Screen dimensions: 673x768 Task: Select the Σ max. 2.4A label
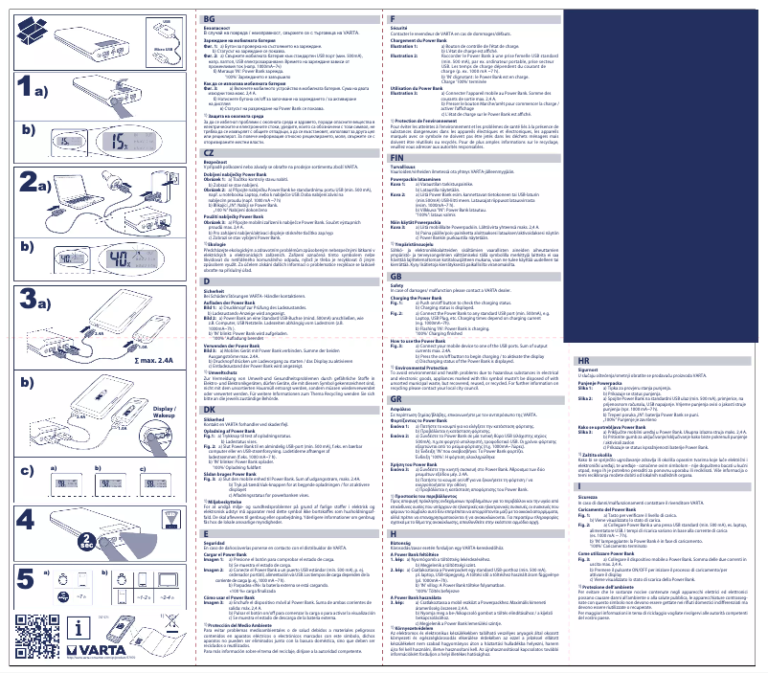point(156,362)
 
